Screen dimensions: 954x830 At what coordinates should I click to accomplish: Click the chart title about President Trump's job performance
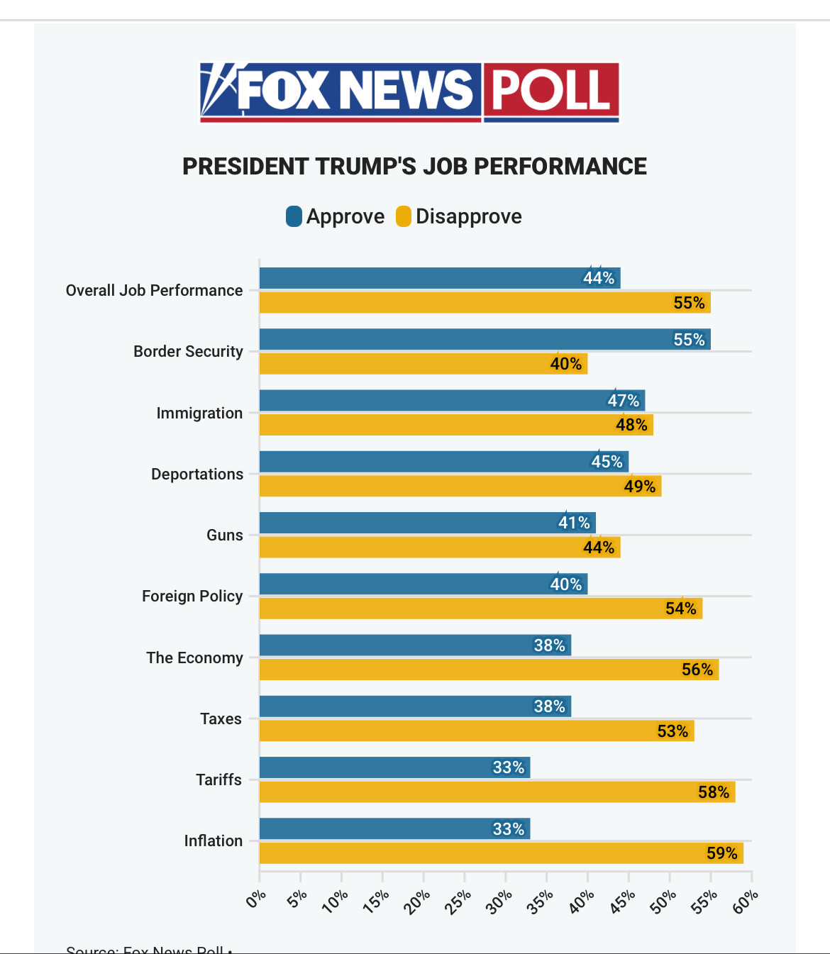click(414, 166)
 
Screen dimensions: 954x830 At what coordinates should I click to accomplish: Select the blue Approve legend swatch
click(294, 216)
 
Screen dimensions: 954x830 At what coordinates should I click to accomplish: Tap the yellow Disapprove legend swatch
click(404, 216)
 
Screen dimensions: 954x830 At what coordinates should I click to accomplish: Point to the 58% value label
click(713, 792)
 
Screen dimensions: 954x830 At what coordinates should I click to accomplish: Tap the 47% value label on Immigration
click(623, 401)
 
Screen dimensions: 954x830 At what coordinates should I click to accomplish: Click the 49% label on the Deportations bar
click(639, 487)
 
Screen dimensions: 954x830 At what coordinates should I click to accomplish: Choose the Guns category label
click(225, 535)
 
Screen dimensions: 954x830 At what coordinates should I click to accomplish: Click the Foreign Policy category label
click(192, 596)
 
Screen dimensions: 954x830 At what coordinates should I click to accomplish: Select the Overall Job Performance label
click(154, 290)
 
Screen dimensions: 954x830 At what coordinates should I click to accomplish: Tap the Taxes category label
click(221, 719)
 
